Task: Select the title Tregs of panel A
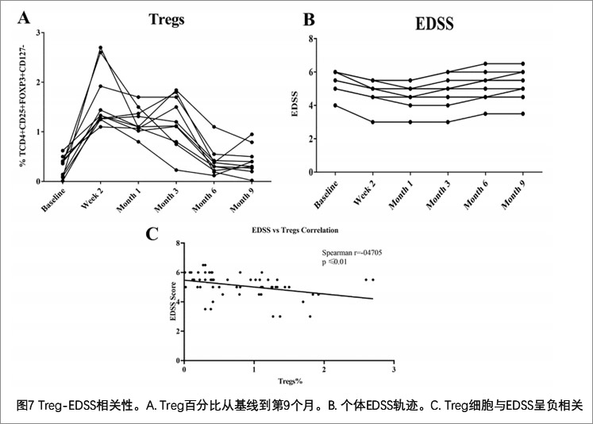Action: click(x=167, y=20)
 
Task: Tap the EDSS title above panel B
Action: click(x=435, y=23)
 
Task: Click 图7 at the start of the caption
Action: click(x=25, y=405)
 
